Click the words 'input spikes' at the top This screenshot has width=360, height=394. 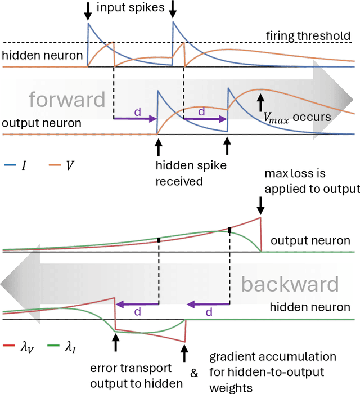pyautogui.click(x=130, y=8)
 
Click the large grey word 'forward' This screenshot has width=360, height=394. pyautogui.click(x=67, y=99)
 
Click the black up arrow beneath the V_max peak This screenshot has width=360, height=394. pyautogui.click(x=260, y=102)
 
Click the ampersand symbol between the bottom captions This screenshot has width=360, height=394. pyautogui.click(x=193, y=373)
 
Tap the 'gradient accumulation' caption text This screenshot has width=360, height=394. pyautogui.click(x=273, y=357)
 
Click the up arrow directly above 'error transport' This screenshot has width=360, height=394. pyautogui.click(x=115, y=342)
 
